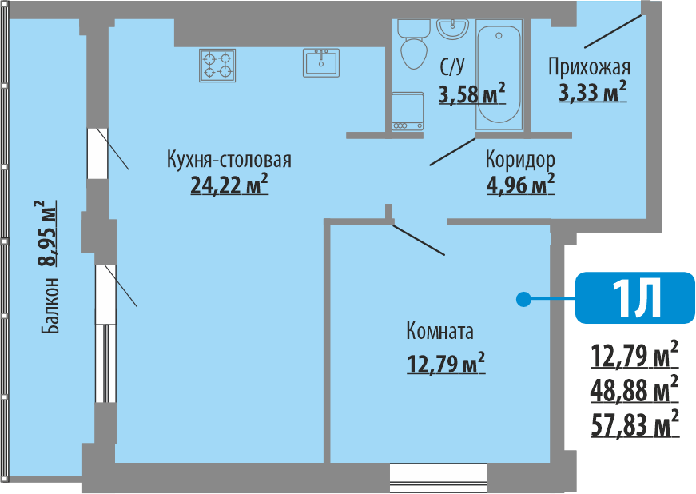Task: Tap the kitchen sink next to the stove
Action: [x=321, y=62]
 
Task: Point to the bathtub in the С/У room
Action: [x=498, y=75]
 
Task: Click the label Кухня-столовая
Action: [x=229, y=159]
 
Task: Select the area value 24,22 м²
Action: [x=229, y=185]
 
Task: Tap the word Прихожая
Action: [x=590, y=66]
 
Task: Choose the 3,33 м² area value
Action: [x=591, y=93]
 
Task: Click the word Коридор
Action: [x=520, y=159]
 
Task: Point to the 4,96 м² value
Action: [x=520, y=185]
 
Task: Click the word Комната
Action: [x=439, y=331]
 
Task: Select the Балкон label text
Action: [x=50, y=305]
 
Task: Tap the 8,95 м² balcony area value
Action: [x=50, y=233]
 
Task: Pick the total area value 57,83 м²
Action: [x=634, y=423]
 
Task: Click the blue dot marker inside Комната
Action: [x=523, y=300]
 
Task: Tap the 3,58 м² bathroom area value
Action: [x=471, y=94]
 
